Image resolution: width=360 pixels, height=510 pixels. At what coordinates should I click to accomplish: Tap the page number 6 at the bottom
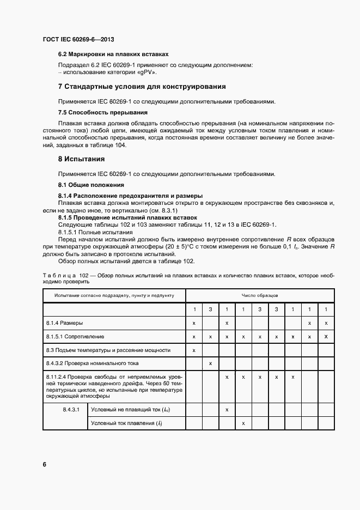tap(45, 464)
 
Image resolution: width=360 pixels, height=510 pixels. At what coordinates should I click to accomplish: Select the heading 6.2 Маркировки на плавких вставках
tap(113, 54)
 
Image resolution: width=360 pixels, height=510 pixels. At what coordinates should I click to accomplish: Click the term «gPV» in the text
tap(147, 71)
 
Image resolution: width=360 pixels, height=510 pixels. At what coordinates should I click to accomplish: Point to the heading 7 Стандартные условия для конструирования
tap(142, 87)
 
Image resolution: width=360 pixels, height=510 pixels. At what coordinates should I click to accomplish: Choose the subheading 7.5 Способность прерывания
tap(103, 112)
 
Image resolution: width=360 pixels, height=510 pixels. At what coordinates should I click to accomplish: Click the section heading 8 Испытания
tap(82, 159)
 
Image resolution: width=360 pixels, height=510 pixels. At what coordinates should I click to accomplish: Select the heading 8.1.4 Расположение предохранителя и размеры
tap(130, 195)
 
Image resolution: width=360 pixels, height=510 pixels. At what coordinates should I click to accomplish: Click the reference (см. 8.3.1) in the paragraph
tap(169, 210)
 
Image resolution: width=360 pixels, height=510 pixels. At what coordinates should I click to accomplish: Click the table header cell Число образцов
tap(260, 295)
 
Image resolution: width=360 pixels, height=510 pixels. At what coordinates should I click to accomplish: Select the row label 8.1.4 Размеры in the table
tap(65, 324)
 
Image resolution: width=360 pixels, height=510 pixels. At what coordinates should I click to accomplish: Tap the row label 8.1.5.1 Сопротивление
tap(75, 337)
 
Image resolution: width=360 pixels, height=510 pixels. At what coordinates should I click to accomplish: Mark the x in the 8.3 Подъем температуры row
tap(194, 350)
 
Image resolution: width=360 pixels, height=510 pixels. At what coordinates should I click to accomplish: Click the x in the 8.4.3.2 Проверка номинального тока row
tap(211, 363)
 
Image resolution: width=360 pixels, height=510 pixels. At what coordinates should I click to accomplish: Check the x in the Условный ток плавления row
tap(243, 423)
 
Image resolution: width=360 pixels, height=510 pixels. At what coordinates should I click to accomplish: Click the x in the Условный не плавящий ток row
tap(227, 409)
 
